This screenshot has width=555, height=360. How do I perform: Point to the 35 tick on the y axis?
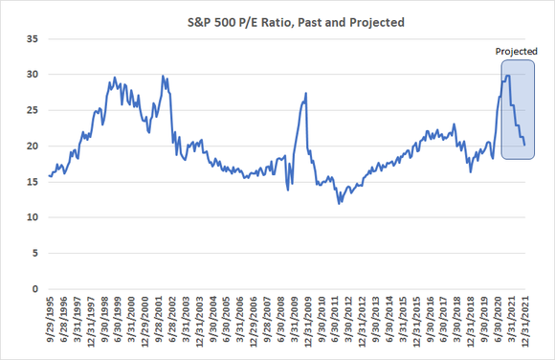tap(32, 38)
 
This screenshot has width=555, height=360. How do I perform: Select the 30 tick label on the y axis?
tap(32, 75)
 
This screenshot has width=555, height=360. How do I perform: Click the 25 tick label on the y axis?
tap(32, 110)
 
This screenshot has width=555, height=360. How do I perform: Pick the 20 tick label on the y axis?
tap(32, 146)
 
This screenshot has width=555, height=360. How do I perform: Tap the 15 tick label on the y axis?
tap(32, 182)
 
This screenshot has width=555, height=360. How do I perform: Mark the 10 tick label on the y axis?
tap(32, 217)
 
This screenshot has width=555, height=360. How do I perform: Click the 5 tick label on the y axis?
tap(34, 254)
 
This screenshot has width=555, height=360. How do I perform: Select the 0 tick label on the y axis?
tap(34, 289)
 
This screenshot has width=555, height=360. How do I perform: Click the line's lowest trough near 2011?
tap(339, 203)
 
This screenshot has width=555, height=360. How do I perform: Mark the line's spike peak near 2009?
tap(305, 94)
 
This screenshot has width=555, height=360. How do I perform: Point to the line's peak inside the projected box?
tap(507, 76)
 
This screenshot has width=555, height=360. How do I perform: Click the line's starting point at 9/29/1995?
tap(49, 175)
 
